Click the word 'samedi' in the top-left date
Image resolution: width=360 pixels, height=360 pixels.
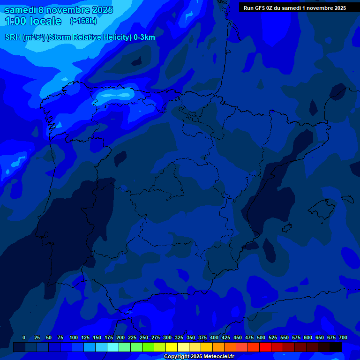pyautogui.click(x=20, y=10)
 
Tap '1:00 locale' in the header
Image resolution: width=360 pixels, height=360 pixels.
pyautogui.click(x=33, y=21)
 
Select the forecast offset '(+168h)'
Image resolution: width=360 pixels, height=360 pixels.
pyautogui.click(x=83, y=21)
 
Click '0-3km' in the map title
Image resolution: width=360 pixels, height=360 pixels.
pyautogui.click(x=144, y=37)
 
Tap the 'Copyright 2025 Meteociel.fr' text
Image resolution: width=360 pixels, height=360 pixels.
pyautogui.click(x=199, y=357)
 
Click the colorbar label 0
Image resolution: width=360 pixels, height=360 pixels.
pyautogui.click(x=24, y=337)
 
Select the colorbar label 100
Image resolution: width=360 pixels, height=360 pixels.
pyautogui.click(x=74, y=337)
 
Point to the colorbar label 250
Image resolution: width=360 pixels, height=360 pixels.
pyautogui.click(x=144, y=337)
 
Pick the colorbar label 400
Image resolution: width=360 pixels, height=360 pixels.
pyautogui.click(x=214, y=337)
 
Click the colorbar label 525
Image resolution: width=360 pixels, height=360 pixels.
pyautogui.click(x=273, y=337)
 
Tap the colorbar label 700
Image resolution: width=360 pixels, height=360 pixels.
pyautogui.click(x=343, y=337)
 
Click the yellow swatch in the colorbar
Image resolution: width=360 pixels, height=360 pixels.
pyautogui.click(x=171, y=347)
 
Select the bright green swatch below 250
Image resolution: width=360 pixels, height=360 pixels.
pyautogui.click(x=148, y=347)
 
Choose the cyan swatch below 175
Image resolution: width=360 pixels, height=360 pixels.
pyautogui.click(x=112, y=347)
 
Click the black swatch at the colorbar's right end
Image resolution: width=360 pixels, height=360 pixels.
pyautogui.click(x=335, y=347)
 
